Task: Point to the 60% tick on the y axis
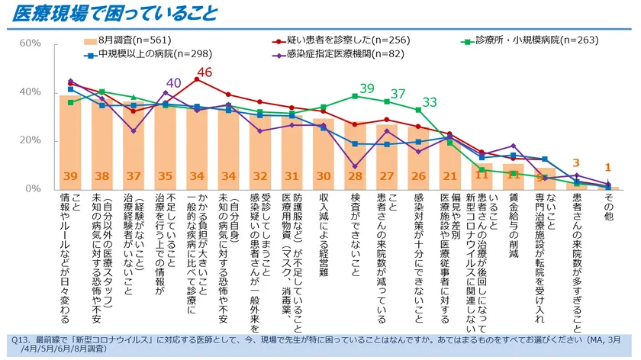click(x=30, y=43)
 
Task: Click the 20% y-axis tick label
click(x=30, y=140)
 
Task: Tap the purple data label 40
click(x=174, y=83)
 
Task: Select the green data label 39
click(x=367, y=88)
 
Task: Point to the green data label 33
click(x=430, y=102)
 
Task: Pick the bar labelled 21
click(x=449, y=165)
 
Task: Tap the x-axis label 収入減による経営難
click(x=323, y=234)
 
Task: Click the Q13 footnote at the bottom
click(x=320, y=344)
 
